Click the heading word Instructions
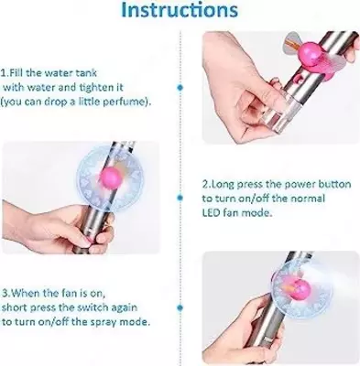point(180,10)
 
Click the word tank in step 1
point(86,73)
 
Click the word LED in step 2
point(211,212)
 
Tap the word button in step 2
point(335,184)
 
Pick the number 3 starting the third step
point(5,293)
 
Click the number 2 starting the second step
point(205,184)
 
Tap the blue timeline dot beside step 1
point(180,88)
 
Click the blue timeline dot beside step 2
point(180,198)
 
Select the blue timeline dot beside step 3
point(180,308)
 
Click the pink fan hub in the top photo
point(311,54)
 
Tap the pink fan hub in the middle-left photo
point(111,178)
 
